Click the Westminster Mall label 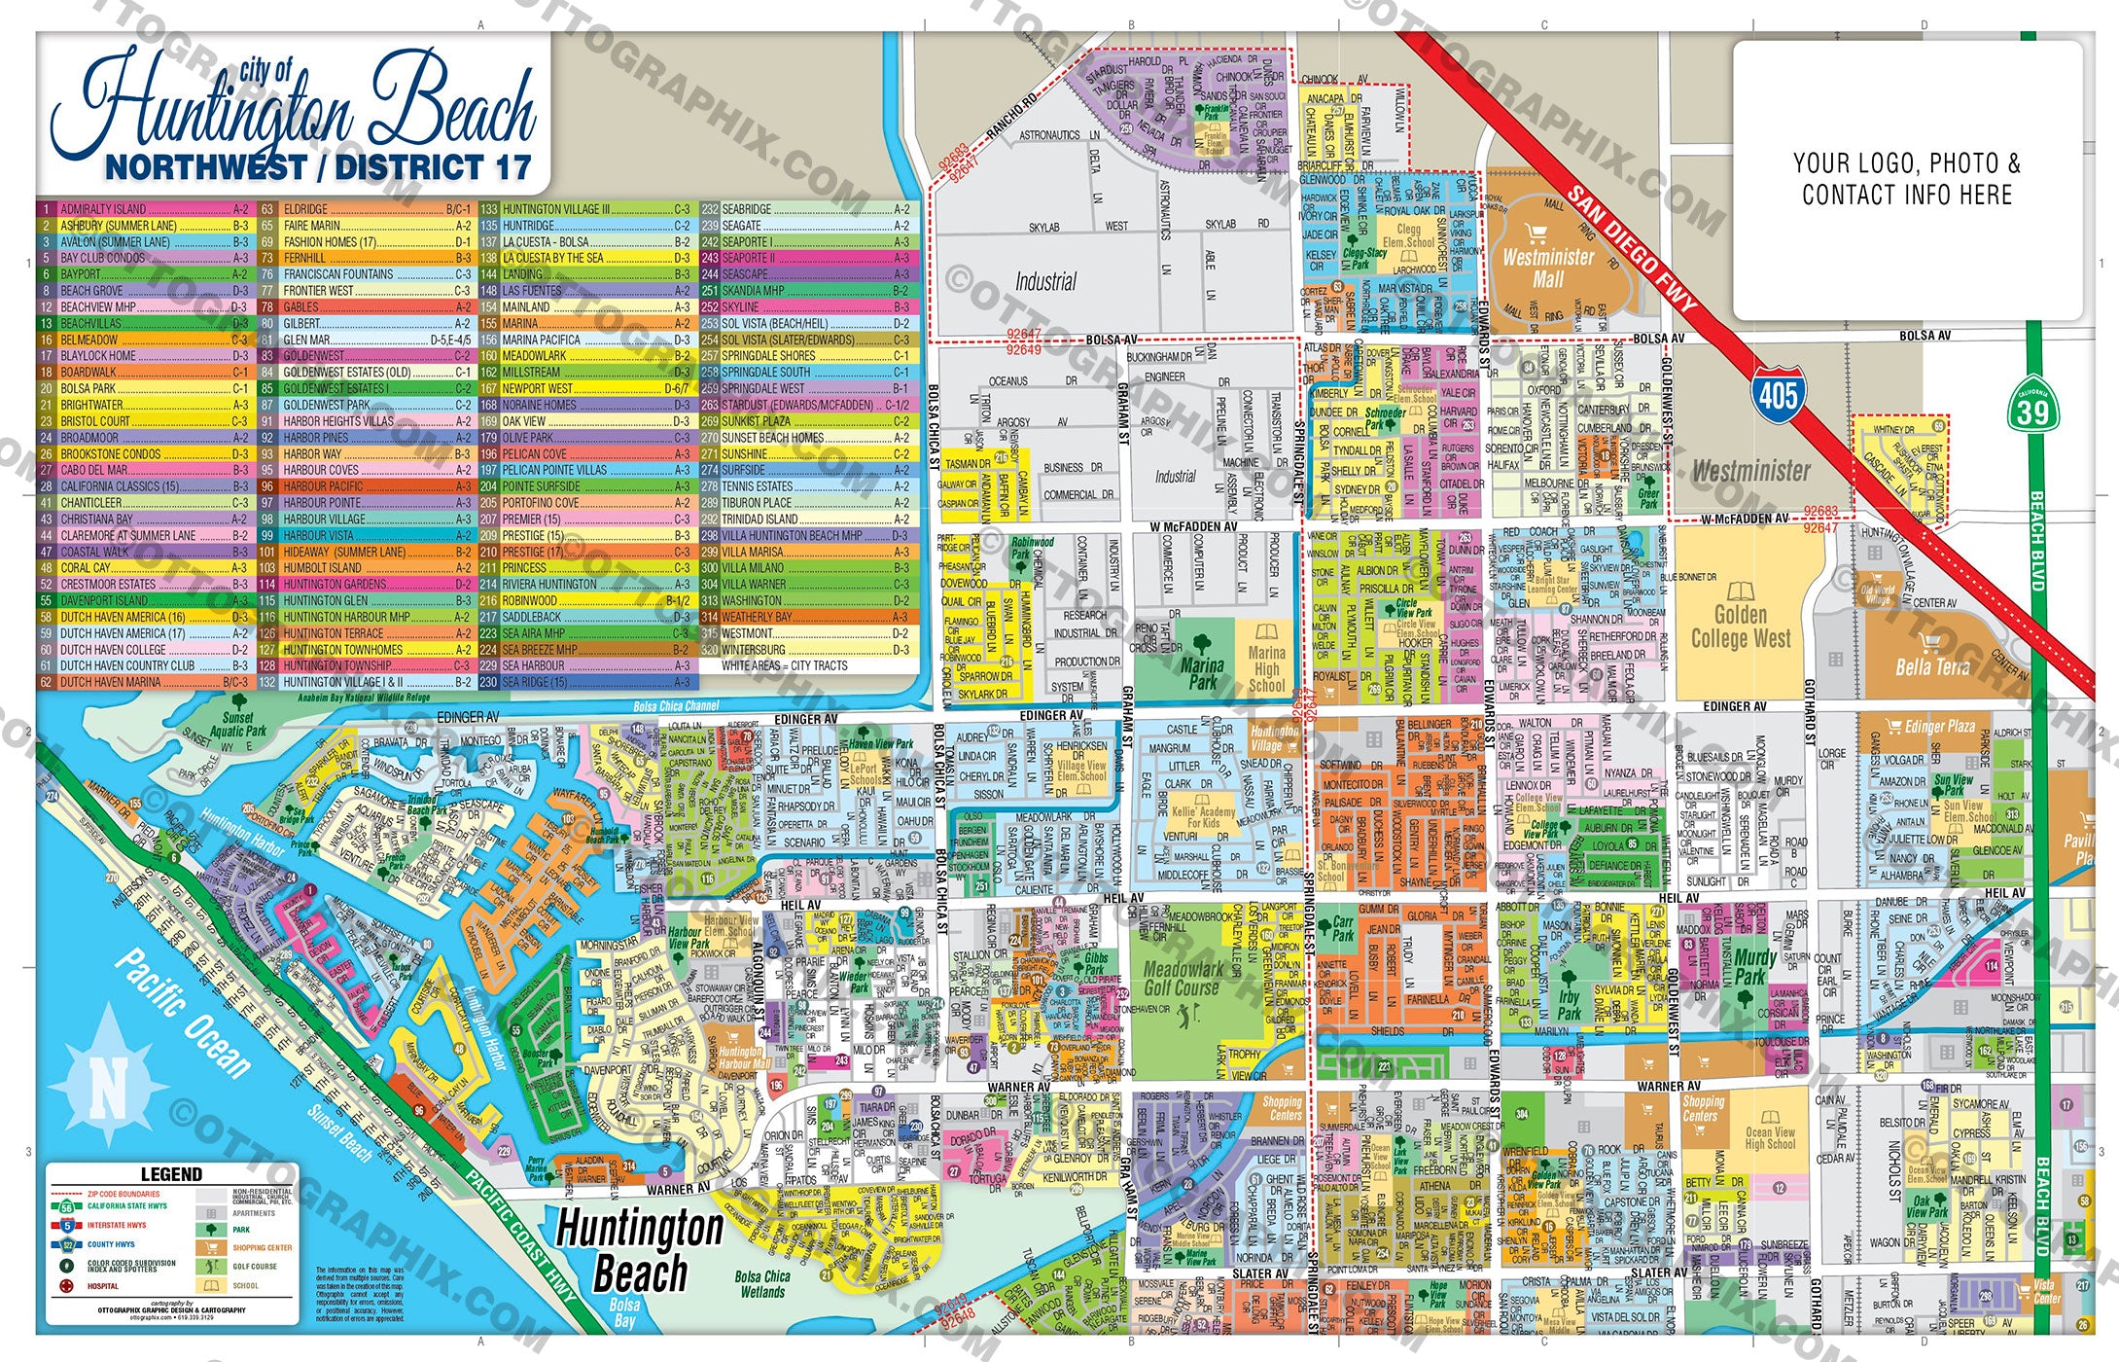point(1548,268)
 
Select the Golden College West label point(1740,627)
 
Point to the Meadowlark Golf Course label point(1183,979)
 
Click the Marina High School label point(1266,667)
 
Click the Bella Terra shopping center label point(1931,666)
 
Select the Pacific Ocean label point(184,1014)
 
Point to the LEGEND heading point(171,1174)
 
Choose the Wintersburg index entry point(754,650)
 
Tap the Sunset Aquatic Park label point(238,724)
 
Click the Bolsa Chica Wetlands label point(762,1284)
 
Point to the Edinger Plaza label point(1939,726)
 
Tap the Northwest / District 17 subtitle point(318,167)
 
